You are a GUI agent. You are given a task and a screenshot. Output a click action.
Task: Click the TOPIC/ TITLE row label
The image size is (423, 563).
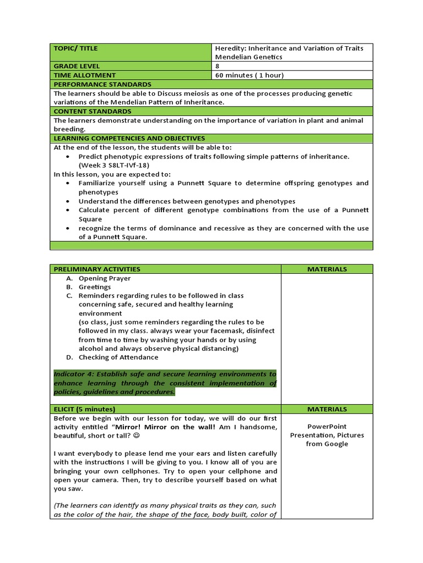point(75,48)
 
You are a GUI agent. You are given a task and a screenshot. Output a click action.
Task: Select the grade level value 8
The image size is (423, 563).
point(218,66)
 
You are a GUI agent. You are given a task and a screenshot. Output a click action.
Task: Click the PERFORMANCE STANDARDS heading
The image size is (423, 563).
point(102,84)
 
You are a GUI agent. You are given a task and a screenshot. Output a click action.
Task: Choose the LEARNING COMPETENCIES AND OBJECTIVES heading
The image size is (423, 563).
point(129,138)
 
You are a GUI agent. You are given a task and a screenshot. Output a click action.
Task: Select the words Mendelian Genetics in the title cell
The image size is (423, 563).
point(249,57)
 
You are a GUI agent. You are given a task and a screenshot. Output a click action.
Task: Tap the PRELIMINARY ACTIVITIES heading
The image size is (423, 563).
point(97,269)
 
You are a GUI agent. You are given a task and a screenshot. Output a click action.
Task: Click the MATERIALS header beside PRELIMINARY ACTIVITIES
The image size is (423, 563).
point(327,269)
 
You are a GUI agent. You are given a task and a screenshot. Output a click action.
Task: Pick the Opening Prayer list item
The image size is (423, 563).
point(105,278)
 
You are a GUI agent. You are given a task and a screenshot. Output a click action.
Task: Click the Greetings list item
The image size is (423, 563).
point(95,287)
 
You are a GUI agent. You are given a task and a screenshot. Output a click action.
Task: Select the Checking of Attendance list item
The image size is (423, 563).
point(118,357)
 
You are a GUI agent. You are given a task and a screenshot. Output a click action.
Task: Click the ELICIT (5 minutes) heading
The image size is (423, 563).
point(84,409)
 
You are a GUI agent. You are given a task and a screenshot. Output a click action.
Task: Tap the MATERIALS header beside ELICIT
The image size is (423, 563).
point(327,409)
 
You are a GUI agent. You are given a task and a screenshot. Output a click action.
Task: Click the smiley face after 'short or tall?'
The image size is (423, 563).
point(137,435)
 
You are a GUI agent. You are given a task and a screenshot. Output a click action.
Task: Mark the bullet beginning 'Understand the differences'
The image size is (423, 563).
point(187,201)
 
